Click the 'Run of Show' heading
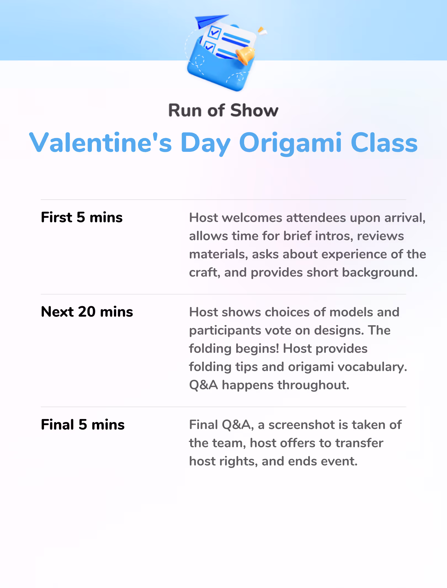[223, 110]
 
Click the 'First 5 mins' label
[82, 217]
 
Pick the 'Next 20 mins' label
[87, 312]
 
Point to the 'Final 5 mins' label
[83, 425]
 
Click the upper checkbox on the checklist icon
[214, 32]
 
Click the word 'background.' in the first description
[380, 273]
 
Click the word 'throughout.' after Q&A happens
[313, 385]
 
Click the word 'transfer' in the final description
[359, 443]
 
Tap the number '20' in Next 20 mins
[87, 312]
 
